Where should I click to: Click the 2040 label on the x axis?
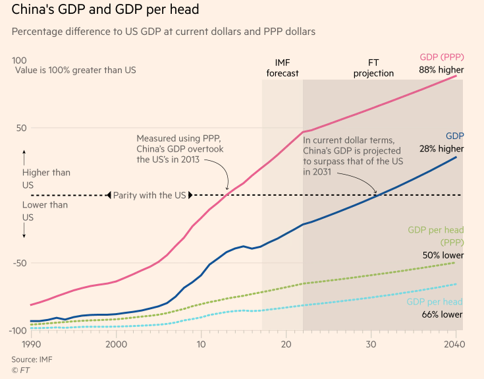point(454,344)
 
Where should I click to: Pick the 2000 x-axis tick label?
point(116,344)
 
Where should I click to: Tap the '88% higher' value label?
point(441,70)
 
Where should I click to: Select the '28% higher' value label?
point(441,149)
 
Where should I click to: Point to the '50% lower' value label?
point(443,255)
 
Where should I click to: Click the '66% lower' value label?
point(443,314)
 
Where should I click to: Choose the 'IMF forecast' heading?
point(282,67)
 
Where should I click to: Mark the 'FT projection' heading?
point(373,67)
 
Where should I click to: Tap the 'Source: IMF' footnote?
point(31,359)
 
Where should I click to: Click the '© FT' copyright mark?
point(20,370)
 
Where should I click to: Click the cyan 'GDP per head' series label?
point(435,302)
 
